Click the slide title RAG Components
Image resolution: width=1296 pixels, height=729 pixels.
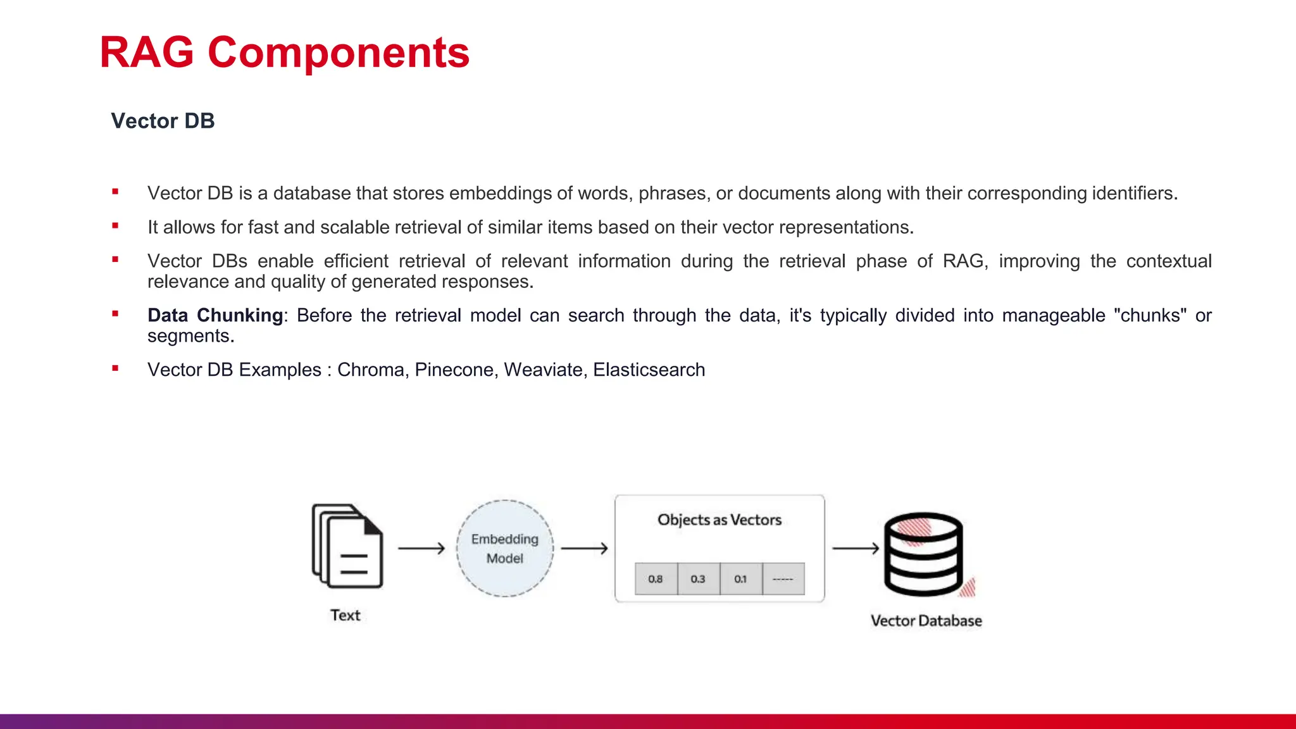click(x=284, y=53)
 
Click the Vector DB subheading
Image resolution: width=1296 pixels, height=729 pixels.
click(x=163, y=121)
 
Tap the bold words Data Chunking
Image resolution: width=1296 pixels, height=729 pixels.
click(x=215, y=315)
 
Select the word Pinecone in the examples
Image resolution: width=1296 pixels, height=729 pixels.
click(x=454, y=370)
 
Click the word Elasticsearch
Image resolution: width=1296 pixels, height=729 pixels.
click(x=649, y=370)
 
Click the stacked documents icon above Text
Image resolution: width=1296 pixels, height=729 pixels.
click(x=347, y=546)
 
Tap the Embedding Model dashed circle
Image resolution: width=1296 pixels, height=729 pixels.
click(x=504, y=548)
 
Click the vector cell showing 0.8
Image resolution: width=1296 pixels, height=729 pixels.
click(x=656, y=579)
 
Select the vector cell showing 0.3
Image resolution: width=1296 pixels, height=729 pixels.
click(x=698, y=579)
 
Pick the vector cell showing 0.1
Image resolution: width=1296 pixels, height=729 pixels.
click(x=740, y=579)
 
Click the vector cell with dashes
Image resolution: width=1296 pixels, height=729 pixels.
click(x=783, y=579)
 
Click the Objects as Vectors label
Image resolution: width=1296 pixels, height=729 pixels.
click(x=720, y=520)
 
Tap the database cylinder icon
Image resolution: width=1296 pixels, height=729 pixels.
click(x=924, y=554)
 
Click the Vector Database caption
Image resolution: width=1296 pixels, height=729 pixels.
click(x=926, y=621)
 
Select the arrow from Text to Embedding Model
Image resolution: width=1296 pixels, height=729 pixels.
click(x=421, y=548)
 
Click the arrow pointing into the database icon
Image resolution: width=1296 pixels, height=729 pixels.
click(x=856, y=548)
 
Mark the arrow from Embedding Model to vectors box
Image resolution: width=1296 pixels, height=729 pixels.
click(x=584, y=548)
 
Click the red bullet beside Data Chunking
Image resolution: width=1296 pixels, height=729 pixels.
click(x=115, y=314)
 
